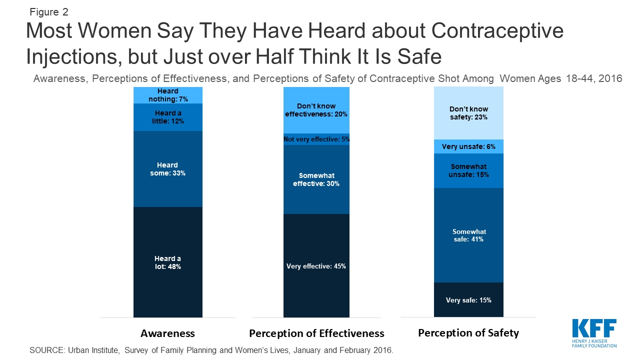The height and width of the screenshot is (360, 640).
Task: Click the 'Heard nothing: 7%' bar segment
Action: [x=168, y=95]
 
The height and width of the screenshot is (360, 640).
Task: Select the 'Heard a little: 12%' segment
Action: [x=168, y=117]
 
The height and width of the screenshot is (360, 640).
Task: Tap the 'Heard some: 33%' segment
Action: [x=168, y=169]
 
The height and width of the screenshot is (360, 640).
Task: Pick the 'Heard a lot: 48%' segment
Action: [x=168, y=262]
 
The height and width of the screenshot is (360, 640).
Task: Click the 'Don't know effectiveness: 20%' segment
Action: [x=316, y=110]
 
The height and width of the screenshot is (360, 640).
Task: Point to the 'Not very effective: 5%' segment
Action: [x=316, y=139]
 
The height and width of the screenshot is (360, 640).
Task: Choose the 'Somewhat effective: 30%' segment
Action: [x=316, y=179]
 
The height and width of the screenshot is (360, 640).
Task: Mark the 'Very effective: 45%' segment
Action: [x=316, y=265]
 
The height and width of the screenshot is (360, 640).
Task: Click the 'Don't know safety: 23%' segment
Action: [x=468, y=113]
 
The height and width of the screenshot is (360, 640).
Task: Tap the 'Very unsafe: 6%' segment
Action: [x=468, y=146]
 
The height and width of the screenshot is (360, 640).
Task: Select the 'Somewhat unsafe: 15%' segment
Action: [x=468, y=171]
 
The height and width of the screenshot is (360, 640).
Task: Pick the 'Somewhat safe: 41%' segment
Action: [x=468, y=235]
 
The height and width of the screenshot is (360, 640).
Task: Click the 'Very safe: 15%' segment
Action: [x=468, y=299]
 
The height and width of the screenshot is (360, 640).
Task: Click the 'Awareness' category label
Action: [x=167, y=333]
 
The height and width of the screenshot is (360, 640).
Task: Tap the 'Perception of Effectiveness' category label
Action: [x=316, y=333]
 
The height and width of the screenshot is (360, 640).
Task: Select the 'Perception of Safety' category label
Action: [x=468, y=333]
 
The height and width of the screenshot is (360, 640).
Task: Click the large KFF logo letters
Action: [x=594, y=328]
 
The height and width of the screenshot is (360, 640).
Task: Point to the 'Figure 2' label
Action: [x=49, y=12]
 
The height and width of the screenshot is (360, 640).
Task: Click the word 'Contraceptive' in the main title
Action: [x=497, y=31]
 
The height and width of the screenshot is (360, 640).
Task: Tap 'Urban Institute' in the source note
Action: [x=93, y=350]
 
